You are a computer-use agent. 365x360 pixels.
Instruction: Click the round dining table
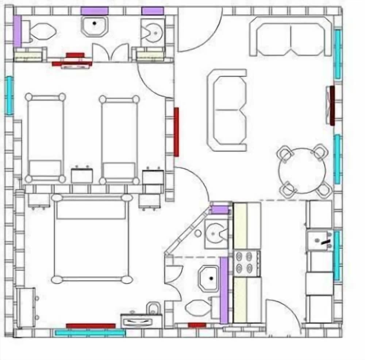(302, 170)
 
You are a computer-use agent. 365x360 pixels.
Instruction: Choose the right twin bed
(119, 139)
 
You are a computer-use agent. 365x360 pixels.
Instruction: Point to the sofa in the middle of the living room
(227, 110)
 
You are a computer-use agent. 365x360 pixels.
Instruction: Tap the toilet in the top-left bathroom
(41, 31)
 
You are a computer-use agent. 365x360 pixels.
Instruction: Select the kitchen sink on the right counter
(320, 240)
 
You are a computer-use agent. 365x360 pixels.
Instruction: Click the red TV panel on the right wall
(331, 105)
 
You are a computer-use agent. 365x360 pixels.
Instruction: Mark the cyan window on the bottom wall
(90, 333)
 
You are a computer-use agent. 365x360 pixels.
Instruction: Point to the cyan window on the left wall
(9, 96)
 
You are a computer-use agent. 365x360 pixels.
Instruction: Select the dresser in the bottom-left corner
(26, 307)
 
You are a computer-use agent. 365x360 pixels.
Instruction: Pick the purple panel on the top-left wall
(17, 31)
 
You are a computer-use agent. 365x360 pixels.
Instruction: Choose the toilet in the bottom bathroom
(197, 308)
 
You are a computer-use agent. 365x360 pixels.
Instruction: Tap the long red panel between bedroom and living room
(176, 132)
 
